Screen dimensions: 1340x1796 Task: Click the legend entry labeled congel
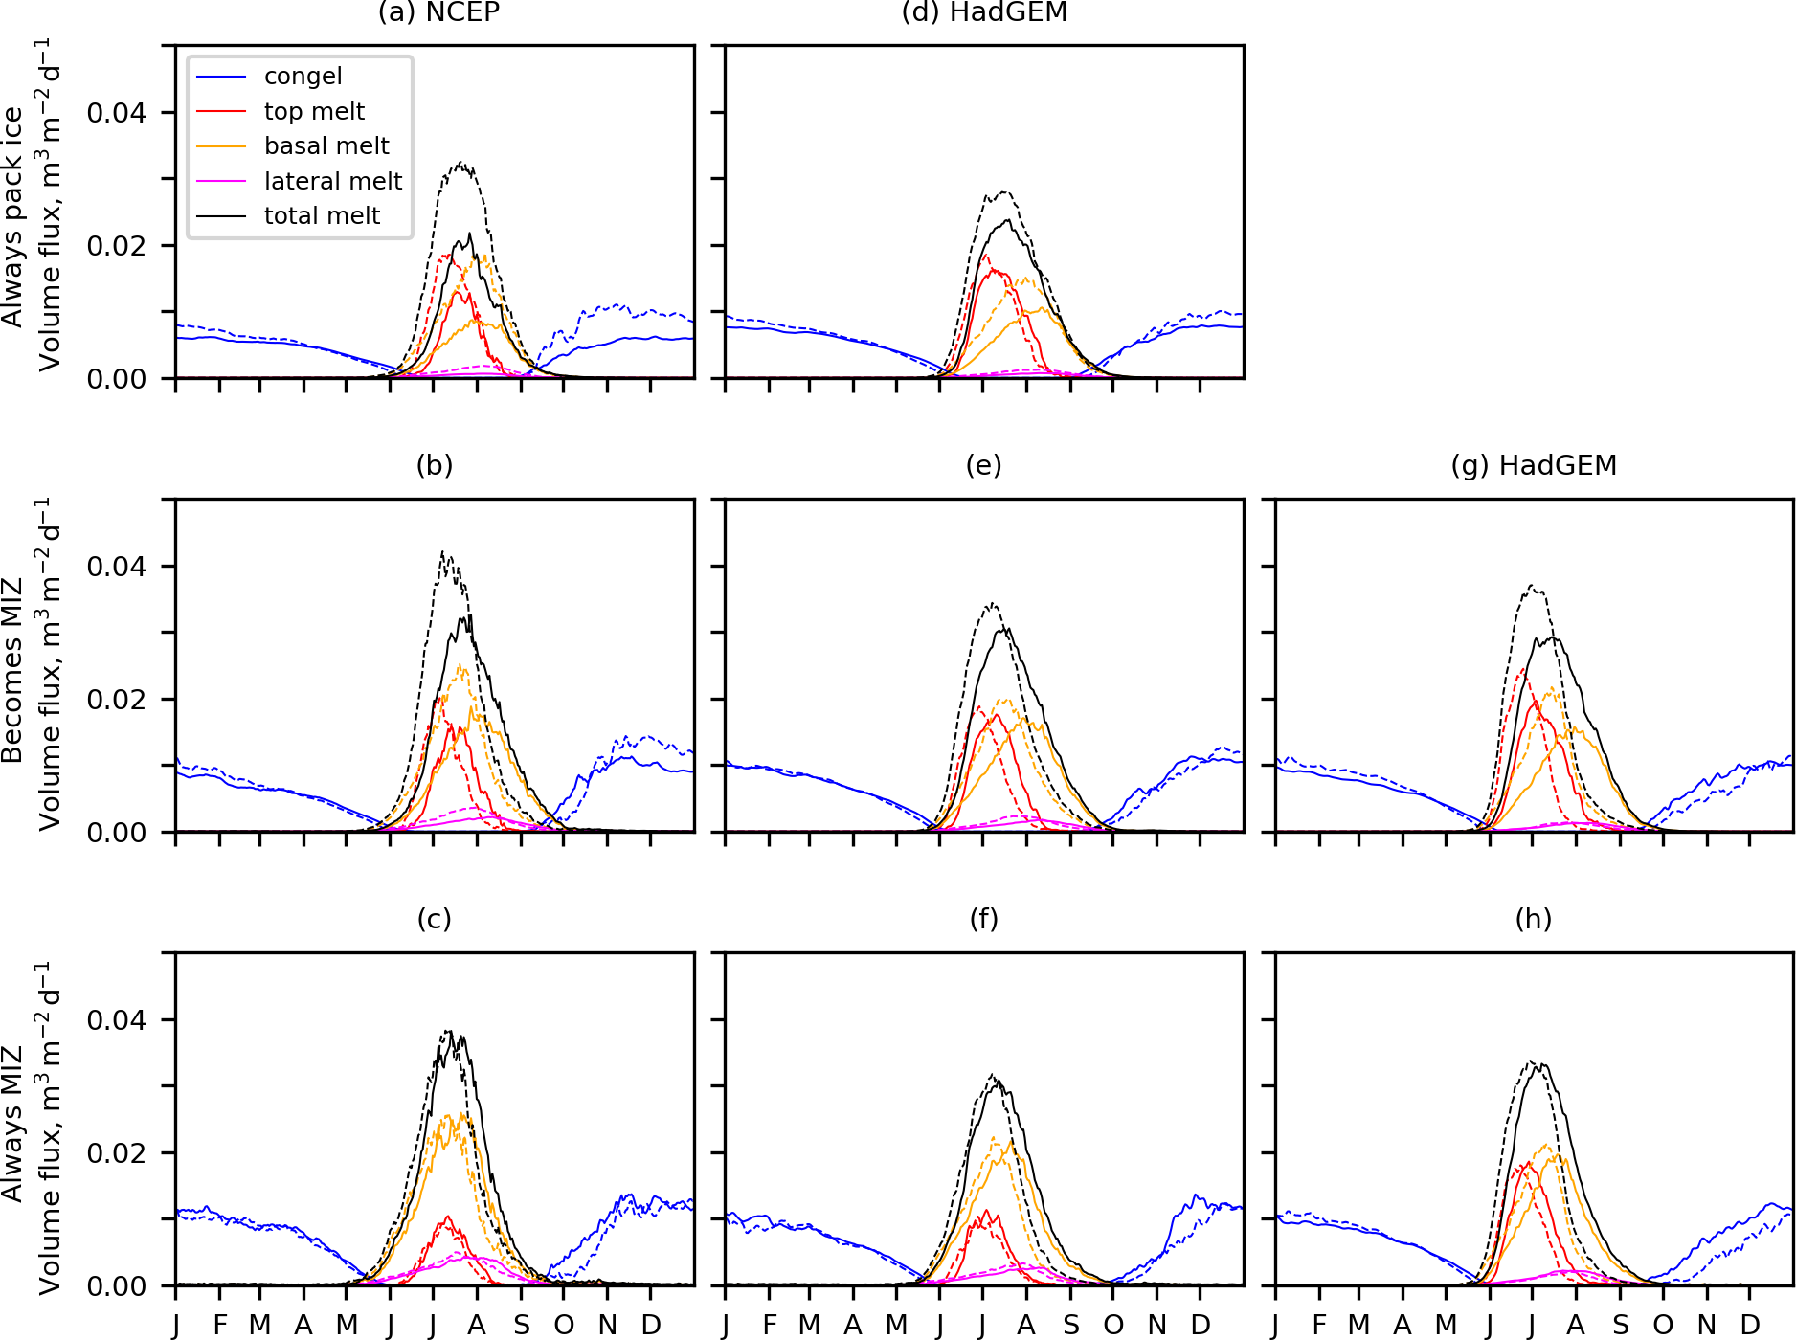tap(303, 77)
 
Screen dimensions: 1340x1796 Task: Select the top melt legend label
tap(314, 111)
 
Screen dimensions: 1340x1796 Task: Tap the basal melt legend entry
tap(326, 145)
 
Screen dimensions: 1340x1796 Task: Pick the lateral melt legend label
tap(333, 181)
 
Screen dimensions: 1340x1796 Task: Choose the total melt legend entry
tap(322, 215)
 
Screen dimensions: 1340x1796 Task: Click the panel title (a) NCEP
tap(438, 12)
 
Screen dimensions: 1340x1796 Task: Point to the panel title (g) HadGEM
tap(1534, 465)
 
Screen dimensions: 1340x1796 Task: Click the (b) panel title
tap(435, 465)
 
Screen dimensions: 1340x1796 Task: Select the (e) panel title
tap(983, 465)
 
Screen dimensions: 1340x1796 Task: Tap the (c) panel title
tap(435, 919)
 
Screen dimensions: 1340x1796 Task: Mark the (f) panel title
tap(983, 919)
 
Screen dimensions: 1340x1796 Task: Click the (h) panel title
tap(1534, 919)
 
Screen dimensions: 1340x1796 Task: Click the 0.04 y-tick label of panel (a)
tap(117, 113)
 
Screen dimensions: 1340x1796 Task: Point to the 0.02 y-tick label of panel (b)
tap(117, 700)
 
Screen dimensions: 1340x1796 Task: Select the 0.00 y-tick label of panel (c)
tap(117, 1286)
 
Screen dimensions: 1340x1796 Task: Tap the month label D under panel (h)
tap(1750, 1325)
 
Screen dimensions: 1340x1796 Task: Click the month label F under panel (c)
tap(220, 1325)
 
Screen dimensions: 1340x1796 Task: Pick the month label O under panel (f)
tap(1113, 1325)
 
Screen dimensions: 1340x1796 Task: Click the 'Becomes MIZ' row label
tap(12, 670)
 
